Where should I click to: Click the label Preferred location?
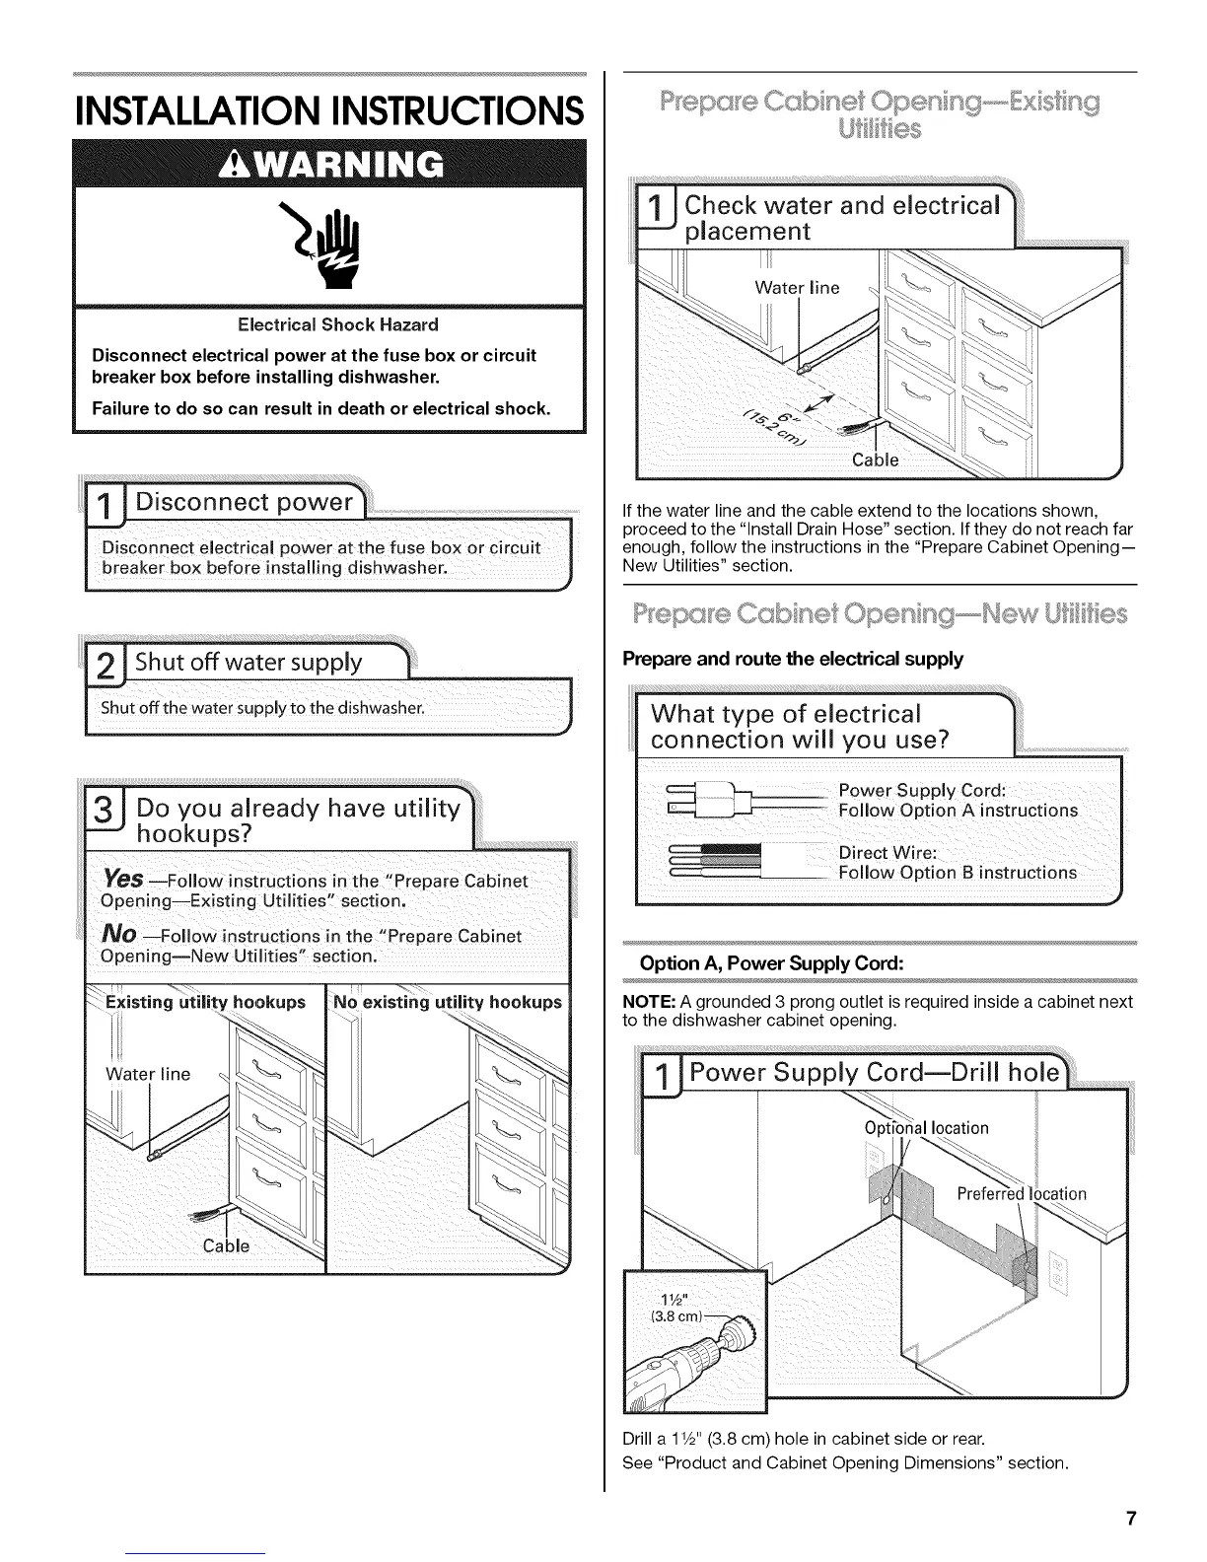point(1022,1194)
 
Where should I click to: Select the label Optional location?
point(926,1128)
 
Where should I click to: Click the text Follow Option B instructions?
point(957,873)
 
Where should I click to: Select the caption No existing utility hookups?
point(448,1003)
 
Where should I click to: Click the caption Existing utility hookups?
point(205,1003)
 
